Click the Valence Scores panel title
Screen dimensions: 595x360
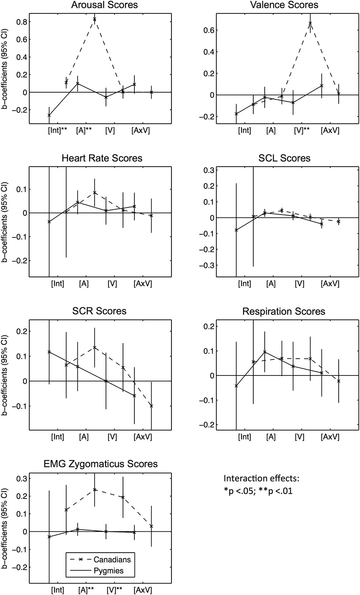coord(284,5)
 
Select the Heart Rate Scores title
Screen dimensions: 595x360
coord(102,158)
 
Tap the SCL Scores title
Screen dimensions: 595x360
coord(284,158)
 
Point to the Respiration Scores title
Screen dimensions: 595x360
coord(284,311)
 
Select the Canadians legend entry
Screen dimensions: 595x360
coord(112,560)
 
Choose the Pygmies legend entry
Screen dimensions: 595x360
coord(108,571)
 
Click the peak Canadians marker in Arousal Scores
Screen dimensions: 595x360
coord(94,19)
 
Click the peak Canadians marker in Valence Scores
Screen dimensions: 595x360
coord(310,23)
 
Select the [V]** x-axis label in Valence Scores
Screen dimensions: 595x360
coord(302,131)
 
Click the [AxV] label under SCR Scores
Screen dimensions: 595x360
coord(143,437)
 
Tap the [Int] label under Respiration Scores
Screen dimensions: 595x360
coord(244,437)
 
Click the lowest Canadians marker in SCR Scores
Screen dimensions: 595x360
coord(151,406)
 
